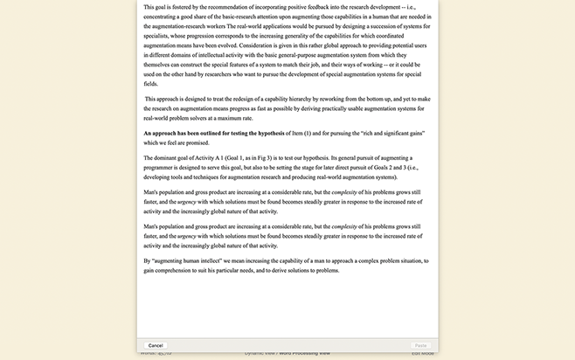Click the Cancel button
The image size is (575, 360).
(x=156, y=346)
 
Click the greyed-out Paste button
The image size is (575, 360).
(x=420, y=346)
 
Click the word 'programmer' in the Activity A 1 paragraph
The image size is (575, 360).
(x=163, y=168)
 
